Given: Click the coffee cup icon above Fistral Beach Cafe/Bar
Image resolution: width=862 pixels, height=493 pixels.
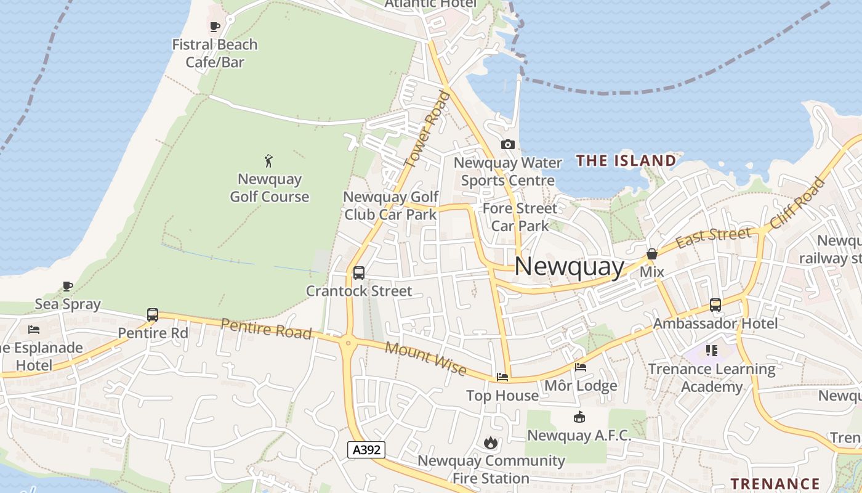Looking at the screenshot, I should pyautogui.click(x=214, y=26).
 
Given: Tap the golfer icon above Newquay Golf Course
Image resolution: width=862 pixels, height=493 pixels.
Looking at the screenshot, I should pyautogui.click(x=268, y=161).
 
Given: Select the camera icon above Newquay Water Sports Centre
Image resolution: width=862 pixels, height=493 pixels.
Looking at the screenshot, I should pyautogui.click(x=507, y=145).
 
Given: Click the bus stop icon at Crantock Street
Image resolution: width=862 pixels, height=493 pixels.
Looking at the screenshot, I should pyautogui.click(x=359, y=272).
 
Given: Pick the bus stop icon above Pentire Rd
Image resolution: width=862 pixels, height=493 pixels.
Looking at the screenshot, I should pyautogui.click(x=153, y=315).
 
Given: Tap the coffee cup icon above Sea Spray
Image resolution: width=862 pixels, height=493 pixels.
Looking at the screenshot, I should pyautogui.click(x=68, y=286).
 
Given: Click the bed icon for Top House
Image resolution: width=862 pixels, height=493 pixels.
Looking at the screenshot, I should pyautogui.click(x=502, y=377).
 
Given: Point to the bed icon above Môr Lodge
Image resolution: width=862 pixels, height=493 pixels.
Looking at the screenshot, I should pyautogui.click(x=580, y=367).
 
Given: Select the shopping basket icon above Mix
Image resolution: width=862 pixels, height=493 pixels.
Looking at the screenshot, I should pyautogui.click(x=652, y=254).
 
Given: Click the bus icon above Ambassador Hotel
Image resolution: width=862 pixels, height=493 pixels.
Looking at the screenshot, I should pyautogui.click(x=715, y=304).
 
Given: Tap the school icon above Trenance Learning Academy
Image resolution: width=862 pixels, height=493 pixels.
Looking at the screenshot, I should pyautogui.click(x=712, y=351).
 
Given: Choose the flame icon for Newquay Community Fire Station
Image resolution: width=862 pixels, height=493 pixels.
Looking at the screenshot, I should pyautogui.click(x=491, y=442).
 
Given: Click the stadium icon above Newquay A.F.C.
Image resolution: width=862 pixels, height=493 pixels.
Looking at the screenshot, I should pyautogui.click(x=579, y=417).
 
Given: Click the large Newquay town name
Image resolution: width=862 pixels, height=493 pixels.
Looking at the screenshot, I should pyautogui.click(x=570, y=266).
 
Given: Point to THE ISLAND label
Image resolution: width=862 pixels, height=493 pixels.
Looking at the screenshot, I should pyautogui.click(x=626, y=161).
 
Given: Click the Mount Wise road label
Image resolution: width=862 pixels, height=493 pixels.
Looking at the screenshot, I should pyautogui.click(x=425, y=358).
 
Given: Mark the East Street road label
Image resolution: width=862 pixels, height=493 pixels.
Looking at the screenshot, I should pyautogui.click(x=713, y=237).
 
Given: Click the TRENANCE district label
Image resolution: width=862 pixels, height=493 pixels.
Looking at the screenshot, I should pyautogui.click(x=775, y=484).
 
